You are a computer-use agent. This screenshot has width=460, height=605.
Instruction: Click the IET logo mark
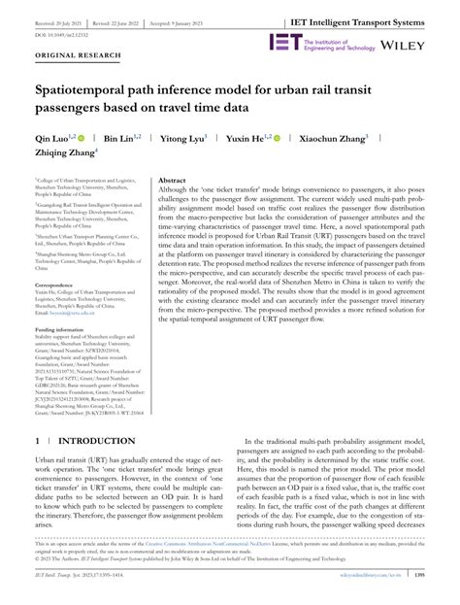[285, 42]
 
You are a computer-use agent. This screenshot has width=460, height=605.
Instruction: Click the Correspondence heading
[61, 286]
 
